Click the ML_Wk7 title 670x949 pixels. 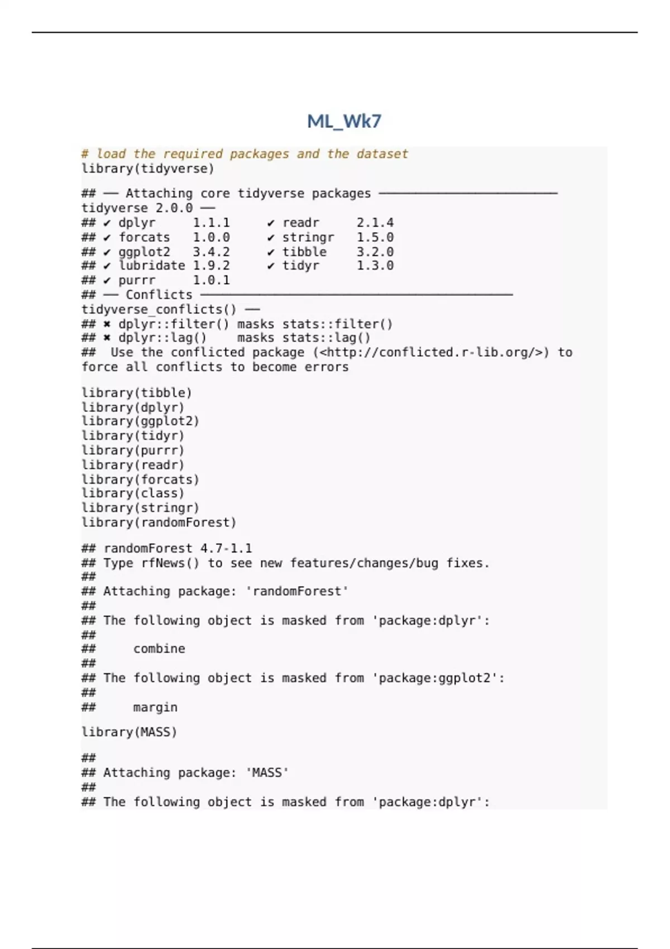click(344, 121)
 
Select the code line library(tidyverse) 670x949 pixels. click(147, 169)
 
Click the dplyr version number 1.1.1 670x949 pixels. click(211, 223)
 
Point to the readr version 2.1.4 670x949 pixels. click(375, 223)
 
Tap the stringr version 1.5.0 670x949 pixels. click(375, 237)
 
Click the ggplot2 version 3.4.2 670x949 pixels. click(211, 252)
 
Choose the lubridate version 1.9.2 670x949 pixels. click(211, 266)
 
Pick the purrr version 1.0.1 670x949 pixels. click(211, 280)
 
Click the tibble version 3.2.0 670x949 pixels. click(375, 252)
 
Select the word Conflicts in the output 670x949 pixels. click(159, 295)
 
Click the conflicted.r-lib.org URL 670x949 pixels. click(431, 352)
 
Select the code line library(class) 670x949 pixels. click(132, 493)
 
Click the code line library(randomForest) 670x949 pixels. click(159, 523)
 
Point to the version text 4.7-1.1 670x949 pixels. click(226, 548)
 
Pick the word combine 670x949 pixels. click(159, 649)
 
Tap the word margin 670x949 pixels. click(155, 707)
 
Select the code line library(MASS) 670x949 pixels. click(129, 732)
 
